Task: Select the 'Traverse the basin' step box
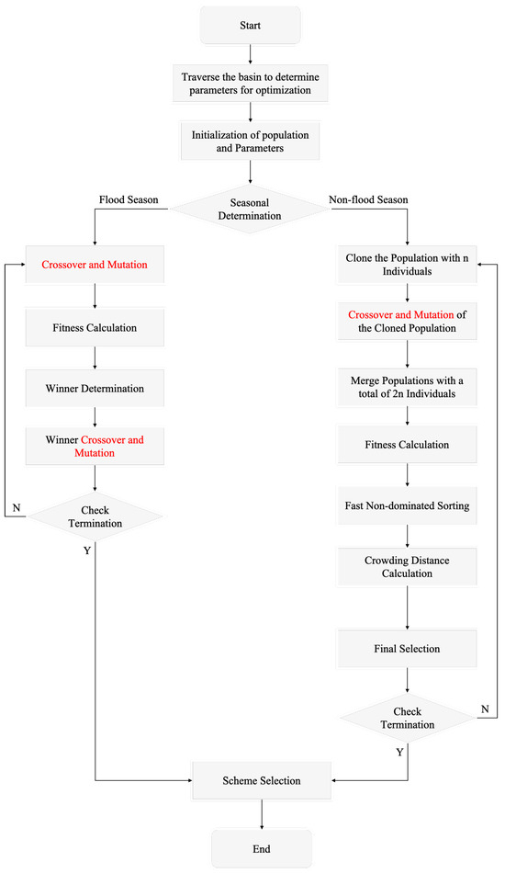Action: [x=252, y=85]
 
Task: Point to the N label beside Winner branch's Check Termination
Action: [x=17, y=508]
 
